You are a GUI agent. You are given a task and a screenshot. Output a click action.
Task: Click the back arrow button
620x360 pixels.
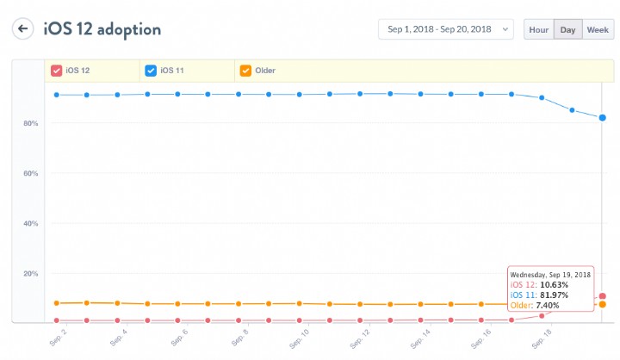(22, 28)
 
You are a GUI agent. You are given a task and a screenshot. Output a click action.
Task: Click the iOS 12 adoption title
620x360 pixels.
(102, 28)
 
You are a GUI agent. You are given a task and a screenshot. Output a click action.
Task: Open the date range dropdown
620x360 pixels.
(445, 29)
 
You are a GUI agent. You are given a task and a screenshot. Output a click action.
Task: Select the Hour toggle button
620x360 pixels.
(538, 29)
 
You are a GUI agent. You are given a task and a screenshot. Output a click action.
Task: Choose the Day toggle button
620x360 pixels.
(567, 29)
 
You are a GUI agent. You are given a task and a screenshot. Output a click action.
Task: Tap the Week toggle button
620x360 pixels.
(598, 29)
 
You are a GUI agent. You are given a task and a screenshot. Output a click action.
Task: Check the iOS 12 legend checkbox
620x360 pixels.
(56, 71)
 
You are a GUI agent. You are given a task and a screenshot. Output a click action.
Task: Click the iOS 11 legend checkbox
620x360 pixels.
(151, 71)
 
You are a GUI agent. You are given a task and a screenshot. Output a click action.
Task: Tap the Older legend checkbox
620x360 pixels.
(245, 71)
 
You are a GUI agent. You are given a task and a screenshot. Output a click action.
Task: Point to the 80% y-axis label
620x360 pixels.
(29, 123)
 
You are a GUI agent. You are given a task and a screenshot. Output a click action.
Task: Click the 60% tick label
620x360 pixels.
(29, 173)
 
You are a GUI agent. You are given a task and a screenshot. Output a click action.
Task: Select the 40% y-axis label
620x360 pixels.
(29, 223)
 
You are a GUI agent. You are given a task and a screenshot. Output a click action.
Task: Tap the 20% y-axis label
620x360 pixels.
(29, 273)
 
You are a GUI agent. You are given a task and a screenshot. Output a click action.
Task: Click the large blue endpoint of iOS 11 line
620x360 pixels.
(603, 117)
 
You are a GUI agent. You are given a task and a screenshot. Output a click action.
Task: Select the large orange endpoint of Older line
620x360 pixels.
(603, 304)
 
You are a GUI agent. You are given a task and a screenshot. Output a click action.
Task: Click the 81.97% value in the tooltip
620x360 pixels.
(555, 294)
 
